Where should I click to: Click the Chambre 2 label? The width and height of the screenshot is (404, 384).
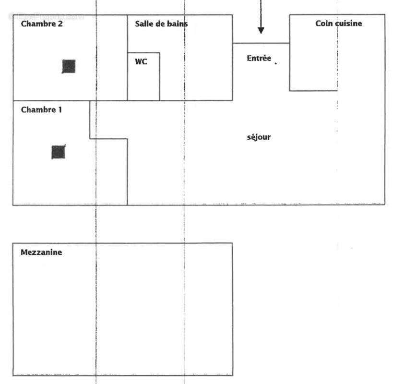pos(41,24)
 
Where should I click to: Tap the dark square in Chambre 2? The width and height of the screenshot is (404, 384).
pos(69,66)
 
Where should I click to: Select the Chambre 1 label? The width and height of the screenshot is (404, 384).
pos(41,110)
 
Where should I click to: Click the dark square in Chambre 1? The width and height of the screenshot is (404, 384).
pos(59,152)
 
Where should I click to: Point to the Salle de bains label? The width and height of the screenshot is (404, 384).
pos(161,24)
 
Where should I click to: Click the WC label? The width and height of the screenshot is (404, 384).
pos(141,61)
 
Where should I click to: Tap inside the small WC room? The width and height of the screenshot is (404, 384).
pos(143,82)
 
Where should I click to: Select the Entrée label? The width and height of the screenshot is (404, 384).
pos(259,59)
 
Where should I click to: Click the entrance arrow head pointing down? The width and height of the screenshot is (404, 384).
pos(261,30)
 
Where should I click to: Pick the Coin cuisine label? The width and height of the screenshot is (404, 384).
pos(338,23)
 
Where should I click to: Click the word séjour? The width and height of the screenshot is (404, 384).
pos(259,137)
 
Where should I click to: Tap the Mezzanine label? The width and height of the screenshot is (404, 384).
pos(41,252)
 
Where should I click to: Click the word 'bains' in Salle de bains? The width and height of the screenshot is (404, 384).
pos(178,24)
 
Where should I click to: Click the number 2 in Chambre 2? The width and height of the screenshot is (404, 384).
pos(59,24)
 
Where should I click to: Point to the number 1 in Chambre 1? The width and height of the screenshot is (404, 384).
pos(60,110)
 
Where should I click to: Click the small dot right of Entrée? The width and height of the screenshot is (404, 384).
pos(276,62)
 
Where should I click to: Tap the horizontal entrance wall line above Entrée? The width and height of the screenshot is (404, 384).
pos(261,43)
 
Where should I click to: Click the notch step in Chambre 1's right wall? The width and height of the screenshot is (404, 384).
pos(108,139)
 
